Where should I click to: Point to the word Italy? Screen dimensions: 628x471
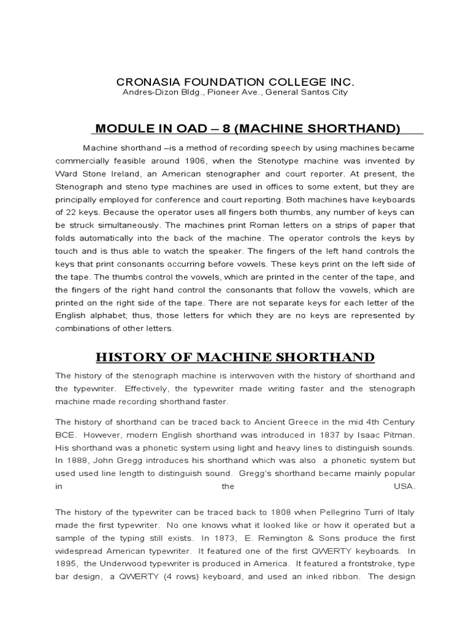pos(404,511)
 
